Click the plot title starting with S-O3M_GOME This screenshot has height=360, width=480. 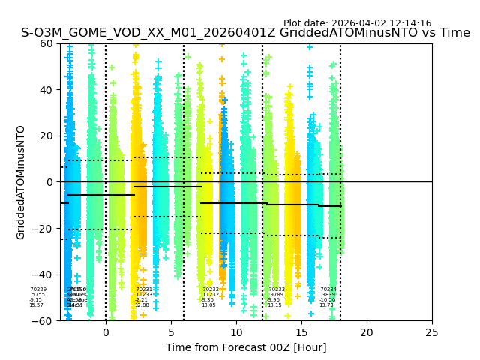coord(245,33)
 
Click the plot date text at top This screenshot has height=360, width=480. coord(357,23)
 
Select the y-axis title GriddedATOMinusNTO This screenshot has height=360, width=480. coord(21,182)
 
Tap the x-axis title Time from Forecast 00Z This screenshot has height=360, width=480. coord(246,347)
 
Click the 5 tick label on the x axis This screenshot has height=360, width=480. coord(171,331)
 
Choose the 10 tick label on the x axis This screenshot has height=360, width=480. coord(236,331)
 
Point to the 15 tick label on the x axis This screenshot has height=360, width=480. coord(301,331)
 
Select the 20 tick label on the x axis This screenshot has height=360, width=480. coord(367,331)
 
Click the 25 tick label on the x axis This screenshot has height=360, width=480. coord(432,331)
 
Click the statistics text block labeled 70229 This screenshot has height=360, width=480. coord(37,297)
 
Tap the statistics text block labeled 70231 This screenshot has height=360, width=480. coord(143,297)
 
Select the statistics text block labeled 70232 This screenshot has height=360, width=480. coord(210,297)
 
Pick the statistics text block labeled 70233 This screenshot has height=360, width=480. coord(276,297)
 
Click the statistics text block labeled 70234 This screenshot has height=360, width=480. coord(328,297)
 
